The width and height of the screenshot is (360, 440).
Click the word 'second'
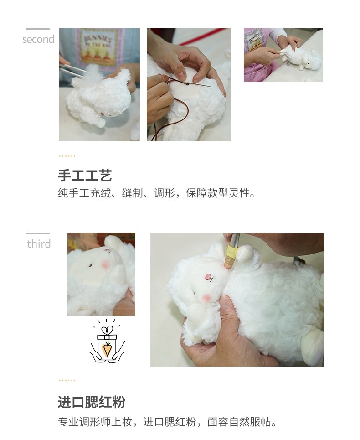pyautogui.click(x=38, y=40)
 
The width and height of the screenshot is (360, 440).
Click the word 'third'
pyautogui.click(x=39, y=244)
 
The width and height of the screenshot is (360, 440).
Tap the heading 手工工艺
pyautogui.click(x=85, y=176)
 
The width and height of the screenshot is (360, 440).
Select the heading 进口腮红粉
pyautogui.click(x=91, y=402)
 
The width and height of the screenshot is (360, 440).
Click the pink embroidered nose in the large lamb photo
pyautogui.click(x=208, y=277)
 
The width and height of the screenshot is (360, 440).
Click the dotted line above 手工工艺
pyautogui.click(x=67, y=156)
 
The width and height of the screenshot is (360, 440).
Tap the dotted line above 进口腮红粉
pyautogui.click(x=67, y=380)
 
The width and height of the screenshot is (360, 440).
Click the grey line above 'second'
pyautogui.click(x=38, y=29)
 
